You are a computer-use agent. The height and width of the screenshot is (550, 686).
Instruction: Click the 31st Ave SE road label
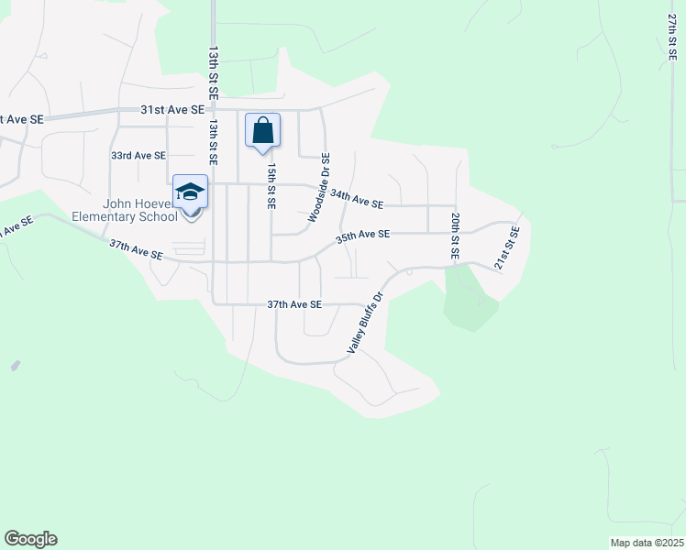(x=171, y=109)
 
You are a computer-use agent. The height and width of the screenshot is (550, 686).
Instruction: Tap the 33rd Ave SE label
(x=138, y=156)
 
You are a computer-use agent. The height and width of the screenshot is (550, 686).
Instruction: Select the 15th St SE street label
(x=271, y=187)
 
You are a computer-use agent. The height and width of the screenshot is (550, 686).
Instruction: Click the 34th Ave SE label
(x=357, y=198)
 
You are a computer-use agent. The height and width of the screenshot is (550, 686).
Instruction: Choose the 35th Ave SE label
(x=363, y=236)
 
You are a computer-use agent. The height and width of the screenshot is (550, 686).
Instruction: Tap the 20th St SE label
(x=454, y=234)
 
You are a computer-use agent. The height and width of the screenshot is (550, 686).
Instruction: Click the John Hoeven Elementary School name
(x=126, y=211)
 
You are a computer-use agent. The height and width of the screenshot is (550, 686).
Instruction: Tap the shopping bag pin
(x=262, y=131)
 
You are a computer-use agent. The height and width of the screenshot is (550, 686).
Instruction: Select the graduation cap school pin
(x=191, y=193)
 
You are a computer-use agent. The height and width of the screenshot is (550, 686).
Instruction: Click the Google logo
(x=30, y=539)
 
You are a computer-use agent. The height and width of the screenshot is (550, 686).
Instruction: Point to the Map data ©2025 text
(x=646, y=543)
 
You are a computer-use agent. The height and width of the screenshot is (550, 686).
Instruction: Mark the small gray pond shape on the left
(x=15, y=366)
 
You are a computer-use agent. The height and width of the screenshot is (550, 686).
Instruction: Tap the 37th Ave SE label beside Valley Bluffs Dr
(x=293, y=303)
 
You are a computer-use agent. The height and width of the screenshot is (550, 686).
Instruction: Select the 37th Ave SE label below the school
(x=136, y=250)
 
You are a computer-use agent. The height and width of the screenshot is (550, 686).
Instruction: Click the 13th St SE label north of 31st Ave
(x=213, y=69)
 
